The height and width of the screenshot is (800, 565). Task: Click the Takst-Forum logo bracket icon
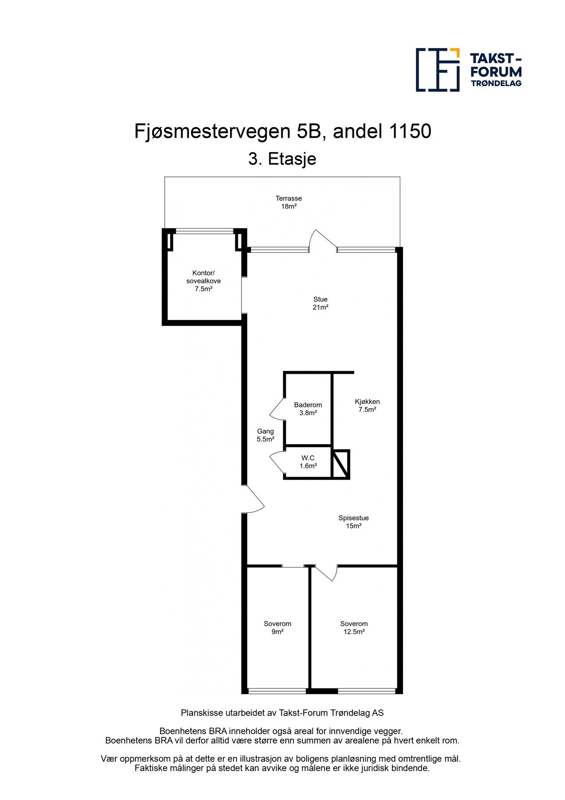click(437, 70)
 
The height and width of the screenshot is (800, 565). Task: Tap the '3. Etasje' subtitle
click(282, 159)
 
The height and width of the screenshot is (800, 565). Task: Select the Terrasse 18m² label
click(288, 202)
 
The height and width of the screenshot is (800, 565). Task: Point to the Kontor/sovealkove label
click(203, 281)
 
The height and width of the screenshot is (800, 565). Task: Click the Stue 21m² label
click(320, 303)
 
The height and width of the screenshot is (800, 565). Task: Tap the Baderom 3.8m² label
click(308, 409)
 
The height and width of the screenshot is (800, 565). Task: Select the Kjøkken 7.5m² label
click(367, 405)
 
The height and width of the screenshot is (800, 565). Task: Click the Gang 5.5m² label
click(265, 435)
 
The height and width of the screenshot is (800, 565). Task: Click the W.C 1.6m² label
click(308, 462)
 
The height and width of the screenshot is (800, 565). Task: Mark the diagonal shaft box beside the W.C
click(341, 464)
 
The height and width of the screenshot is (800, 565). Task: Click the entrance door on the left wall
click(254, 500)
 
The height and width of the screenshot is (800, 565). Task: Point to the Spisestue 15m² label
click(353, 522)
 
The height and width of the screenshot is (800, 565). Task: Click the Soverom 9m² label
click(277, 628)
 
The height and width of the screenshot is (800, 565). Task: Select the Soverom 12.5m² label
click(354, 628)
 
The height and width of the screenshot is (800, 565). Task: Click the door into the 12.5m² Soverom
click(326, 573)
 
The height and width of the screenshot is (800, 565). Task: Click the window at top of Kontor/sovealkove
click(205, 231)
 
